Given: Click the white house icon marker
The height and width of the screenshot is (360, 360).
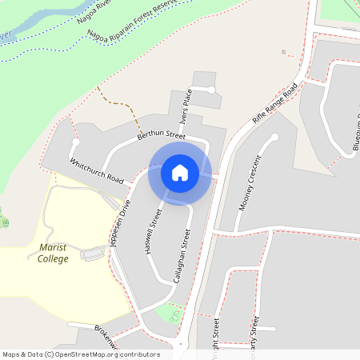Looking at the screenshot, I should pyautogui.click(x=180, y=172).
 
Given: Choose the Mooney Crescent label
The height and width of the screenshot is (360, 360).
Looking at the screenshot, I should pyautogui.click(x=250, y=190).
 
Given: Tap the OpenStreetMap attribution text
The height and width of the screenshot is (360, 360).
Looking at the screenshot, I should pyautogui.click(x=81, y=354).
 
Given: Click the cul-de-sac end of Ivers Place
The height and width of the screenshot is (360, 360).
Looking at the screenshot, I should pyautogui.click(x=212, y=90).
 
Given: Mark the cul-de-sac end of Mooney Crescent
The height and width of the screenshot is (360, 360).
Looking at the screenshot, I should pyautogui.click(x=274, y=137).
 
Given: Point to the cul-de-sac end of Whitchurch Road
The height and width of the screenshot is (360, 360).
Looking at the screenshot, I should pyautogui.click(x=75, y=142).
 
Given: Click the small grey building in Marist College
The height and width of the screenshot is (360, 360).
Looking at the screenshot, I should pyautogui.click(x=94, y=254).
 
